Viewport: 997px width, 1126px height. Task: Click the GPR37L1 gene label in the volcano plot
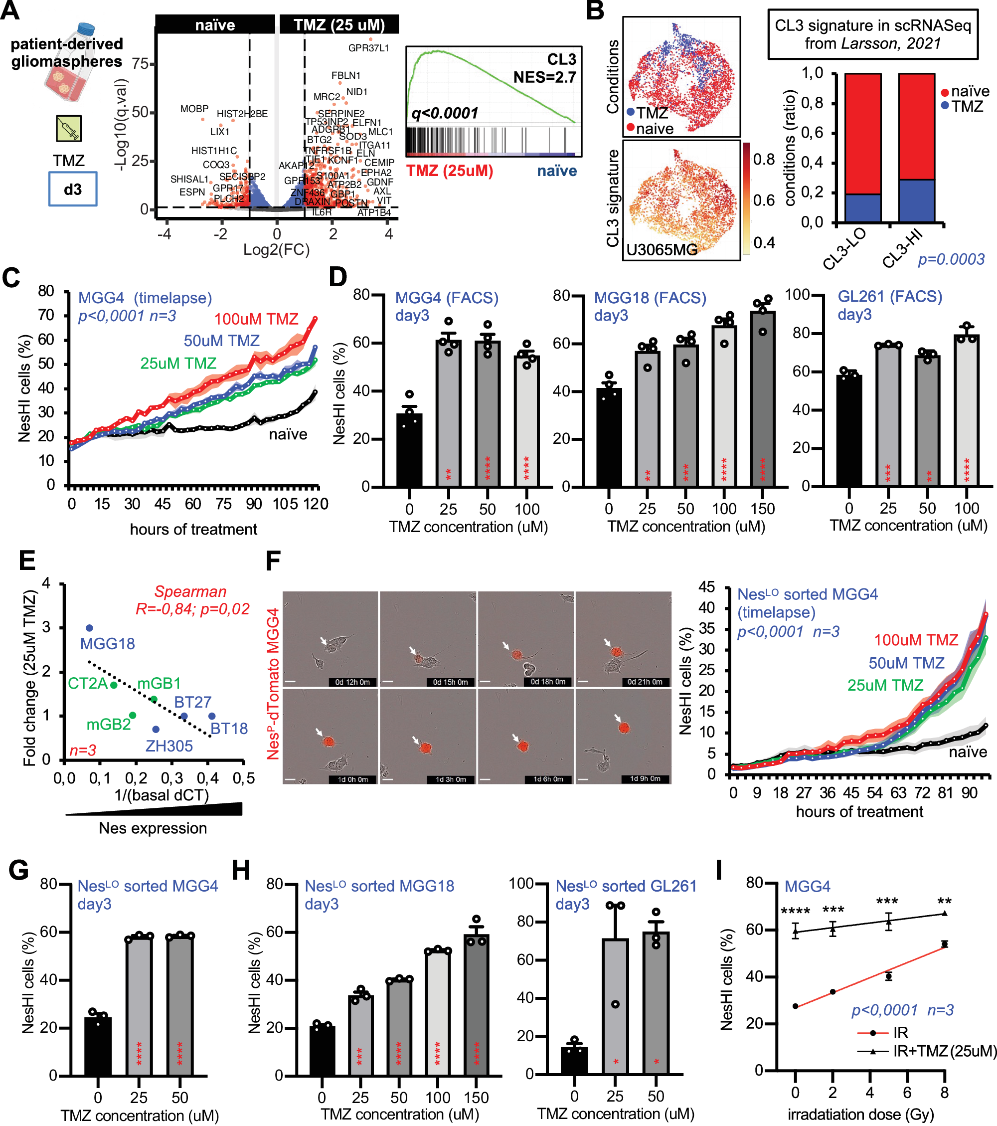(368, 48)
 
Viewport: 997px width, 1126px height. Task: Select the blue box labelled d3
(73, 189)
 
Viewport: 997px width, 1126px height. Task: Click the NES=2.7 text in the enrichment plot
(544, 77)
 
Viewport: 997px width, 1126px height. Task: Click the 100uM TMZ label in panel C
(256, 319)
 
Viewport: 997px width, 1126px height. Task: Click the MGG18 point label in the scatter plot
(107, 643)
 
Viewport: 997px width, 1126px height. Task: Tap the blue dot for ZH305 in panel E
(156, 730)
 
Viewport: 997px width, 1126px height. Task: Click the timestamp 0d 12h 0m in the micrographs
(352, 682)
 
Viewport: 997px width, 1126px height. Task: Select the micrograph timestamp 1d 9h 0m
(645, 779)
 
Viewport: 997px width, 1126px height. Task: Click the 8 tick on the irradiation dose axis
(944, 1093)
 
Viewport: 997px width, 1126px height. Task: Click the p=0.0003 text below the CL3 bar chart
(950, 259)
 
